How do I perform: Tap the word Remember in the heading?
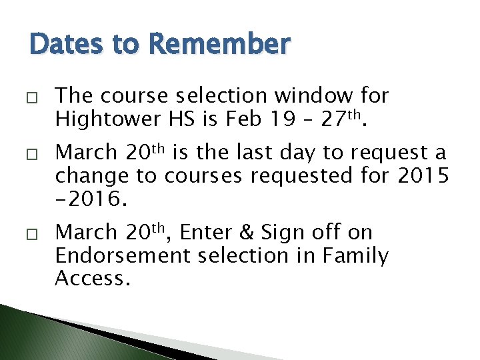click(x=221, y=44)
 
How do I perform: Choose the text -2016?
click(x=86, y=199)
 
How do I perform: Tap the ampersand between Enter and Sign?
click(x=247, y=233)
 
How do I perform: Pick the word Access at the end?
click(x=90, y=279)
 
